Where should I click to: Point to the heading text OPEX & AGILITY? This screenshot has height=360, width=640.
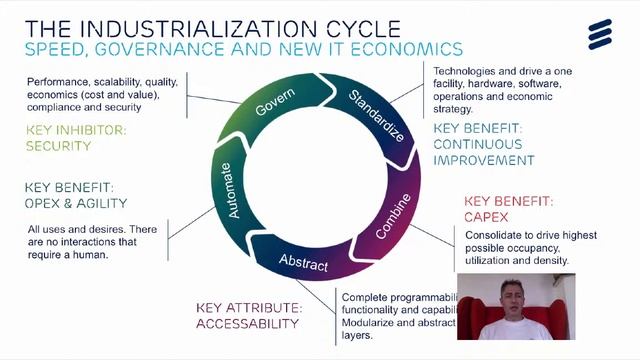point(72,203)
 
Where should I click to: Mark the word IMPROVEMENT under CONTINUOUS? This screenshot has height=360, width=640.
point(484,160)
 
